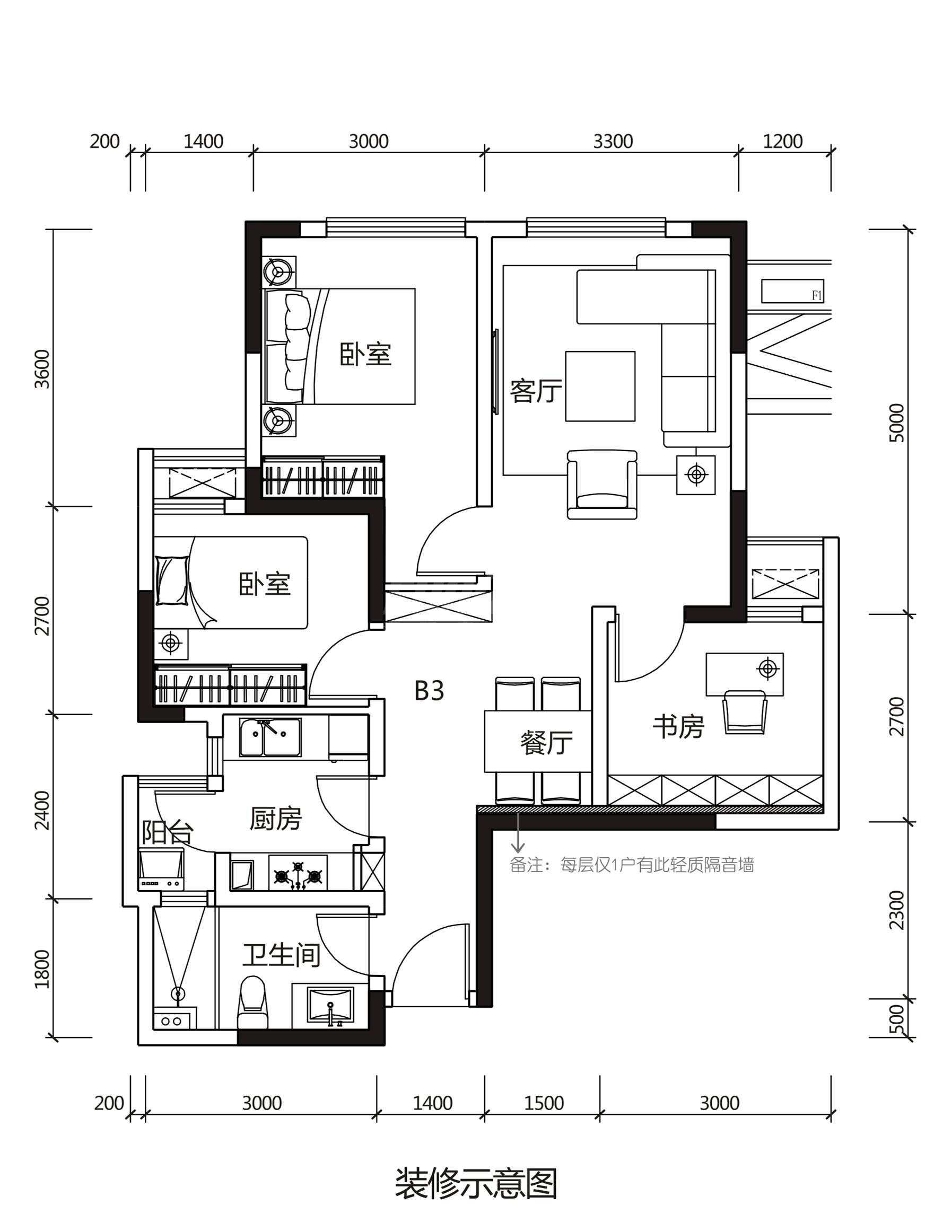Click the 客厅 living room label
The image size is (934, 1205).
pos(536,391)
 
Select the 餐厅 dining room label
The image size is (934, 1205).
pos(546,742)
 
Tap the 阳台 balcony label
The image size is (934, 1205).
pos(167,832)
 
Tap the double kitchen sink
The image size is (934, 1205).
pos(270,736)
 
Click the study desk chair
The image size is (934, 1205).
pos(745,712)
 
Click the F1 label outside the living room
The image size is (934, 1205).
pos(817,296)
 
